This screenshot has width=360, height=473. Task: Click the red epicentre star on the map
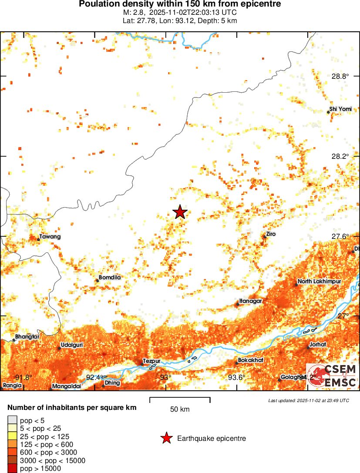point(180,212)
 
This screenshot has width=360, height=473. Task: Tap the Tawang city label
point(50,237)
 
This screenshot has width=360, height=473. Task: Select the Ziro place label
point(271,234)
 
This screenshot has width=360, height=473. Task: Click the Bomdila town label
point(110,277)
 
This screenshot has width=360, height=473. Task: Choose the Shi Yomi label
point(340,109)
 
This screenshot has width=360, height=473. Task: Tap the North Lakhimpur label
point(319,282)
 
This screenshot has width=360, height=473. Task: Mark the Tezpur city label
point(152,361)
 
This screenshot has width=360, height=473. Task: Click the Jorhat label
point(317,345)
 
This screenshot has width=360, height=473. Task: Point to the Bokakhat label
point(251,360)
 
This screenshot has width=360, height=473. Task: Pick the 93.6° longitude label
point(237,377)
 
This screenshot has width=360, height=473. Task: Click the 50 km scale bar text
point(179,409)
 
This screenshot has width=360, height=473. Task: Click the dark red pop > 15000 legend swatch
point(13,469)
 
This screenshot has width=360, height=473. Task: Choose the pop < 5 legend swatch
point(13,420)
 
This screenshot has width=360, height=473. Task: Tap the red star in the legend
point(166,439)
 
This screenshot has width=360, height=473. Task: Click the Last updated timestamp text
point(308,400)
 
